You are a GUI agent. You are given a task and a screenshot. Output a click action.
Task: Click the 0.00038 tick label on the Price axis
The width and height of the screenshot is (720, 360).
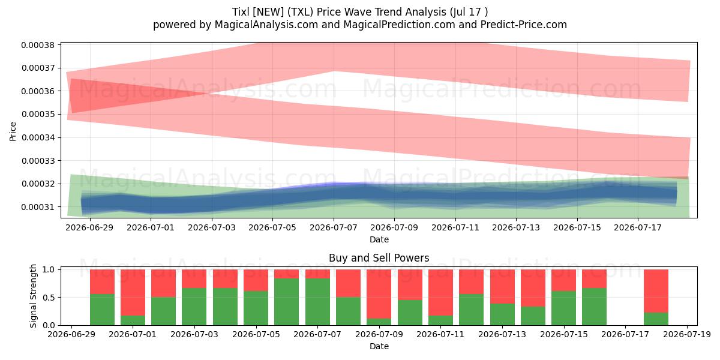(x=38, y=45)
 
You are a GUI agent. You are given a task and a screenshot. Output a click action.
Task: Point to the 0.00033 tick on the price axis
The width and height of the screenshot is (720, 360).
(x=38, y=161)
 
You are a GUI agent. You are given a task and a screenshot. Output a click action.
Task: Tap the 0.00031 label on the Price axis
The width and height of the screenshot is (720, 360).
(x=38, y=207)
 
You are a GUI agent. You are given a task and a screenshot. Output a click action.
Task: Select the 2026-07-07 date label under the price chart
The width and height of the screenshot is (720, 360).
(x=334, y=227)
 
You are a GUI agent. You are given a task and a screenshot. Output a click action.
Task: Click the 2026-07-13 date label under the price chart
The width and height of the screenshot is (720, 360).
(x=516, y=227)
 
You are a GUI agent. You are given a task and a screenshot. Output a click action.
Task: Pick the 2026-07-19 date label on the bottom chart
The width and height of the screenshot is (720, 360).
(x=687, y=335)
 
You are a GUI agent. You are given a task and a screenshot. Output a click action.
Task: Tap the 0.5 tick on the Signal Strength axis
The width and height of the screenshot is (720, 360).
(x=49, y=298)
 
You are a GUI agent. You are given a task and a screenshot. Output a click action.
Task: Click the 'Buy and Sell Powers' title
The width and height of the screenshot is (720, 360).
(x=379, y=258)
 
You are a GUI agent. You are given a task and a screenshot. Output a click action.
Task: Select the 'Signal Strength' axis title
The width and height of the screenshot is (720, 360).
(x=33, y=296)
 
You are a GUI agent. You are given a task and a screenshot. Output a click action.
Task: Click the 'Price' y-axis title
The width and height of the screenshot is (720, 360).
(x=13, y=131)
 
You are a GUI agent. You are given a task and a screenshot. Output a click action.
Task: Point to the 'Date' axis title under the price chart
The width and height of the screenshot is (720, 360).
(x=379, y=239)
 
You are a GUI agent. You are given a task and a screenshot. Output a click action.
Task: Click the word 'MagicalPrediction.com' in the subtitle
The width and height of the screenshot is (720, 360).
(x=399, y=25)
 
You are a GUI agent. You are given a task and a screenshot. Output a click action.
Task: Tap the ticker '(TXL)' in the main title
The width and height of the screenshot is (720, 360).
(x=300, y=12)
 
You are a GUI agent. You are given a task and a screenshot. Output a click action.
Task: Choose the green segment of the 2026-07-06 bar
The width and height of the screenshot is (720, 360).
(x=287, y=301)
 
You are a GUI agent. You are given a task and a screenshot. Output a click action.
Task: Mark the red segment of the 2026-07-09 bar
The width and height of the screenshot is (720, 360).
(x=379, y=294)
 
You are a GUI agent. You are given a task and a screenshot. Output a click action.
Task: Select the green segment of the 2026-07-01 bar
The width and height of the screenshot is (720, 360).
(x=133, y=320)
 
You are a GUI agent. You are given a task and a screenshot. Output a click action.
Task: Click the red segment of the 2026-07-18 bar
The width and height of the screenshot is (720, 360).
(x=656, y=291)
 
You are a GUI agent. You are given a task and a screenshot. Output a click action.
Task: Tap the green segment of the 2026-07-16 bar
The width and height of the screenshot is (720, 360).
(x=595, y=307)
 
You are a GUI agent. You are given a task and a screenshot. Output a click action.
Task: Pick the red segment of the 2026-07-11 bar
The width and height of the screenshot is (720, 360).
(x=440, y=293)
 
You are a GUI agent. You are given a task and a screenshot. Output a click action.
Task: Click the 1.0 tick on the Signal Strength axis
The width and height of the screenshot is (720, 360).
(x=49, y=269)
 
